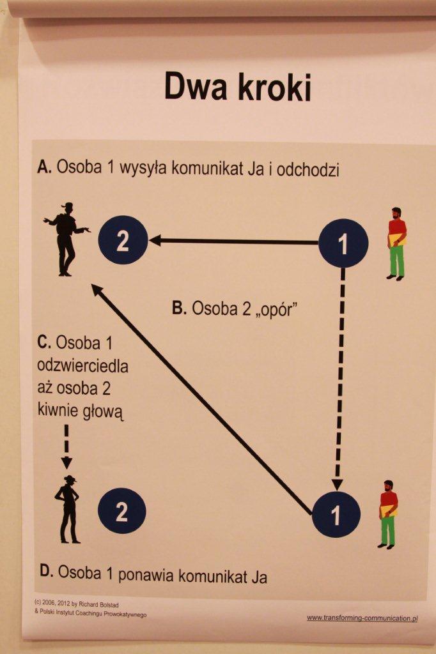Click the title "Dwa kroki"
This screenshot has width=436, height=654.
click(x=237, y=87)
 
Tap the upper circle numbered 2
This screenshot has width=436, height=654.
click(x=123, y=241)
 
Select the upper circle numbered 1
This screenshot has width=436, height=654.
click(x=343, y=243)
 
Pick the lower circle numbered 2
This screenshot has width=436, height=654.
click(x=121, y=510)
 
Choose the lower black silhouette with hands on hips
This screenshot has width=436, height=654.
click(x=68, y=509)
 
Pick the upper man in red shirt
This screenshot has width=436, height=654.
click(x=396, y=243)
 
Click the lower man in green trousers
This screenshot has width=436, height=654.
click(x=387, y=514)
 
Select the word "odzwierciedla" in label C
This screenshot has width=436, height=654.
click(x=83, y=367)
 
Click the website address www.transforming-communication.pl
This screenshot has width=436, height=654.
click(x=362, y=618)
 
